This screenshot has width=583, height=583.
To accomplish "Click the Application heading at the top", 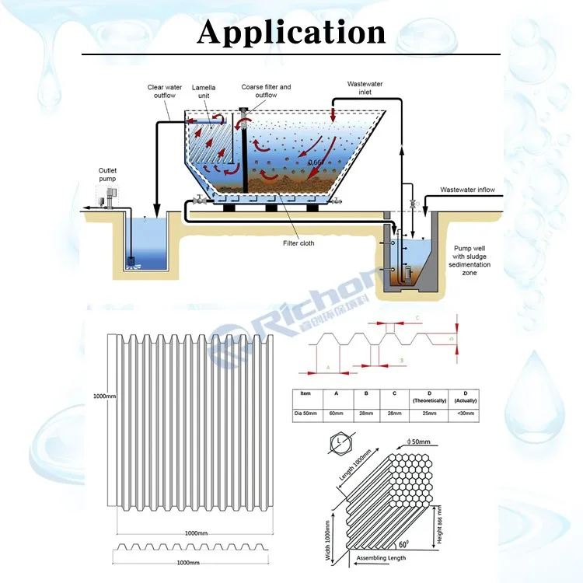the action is click(x=291, y=32).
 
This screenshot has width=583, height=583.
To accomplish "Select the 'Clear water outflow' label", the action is click(x=166, y=92).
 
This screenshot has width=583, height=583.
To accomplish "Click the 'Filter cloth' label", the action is click(x=298, y=243).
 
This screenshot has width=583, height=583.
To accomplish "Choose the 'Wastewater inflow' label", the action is click(x=467, y=190).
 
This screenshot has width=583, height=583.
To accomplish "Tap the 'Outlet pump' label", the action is click(x=108, y=175).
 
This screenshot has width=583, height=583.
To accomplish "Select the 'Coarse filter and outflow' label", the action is click(x=266, y=92).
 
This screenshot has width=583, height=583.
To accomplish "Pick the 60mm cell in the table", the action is click(x=336, y=414).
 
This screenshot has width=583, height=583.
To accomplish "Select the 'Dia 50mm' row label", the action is click(x=305, y=414).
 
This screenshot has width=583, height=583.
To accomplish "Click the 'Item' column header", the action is click(x=305, y=394).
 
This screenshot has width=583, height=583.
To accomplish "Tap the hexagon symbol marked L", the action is click(x=343, y=445).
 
